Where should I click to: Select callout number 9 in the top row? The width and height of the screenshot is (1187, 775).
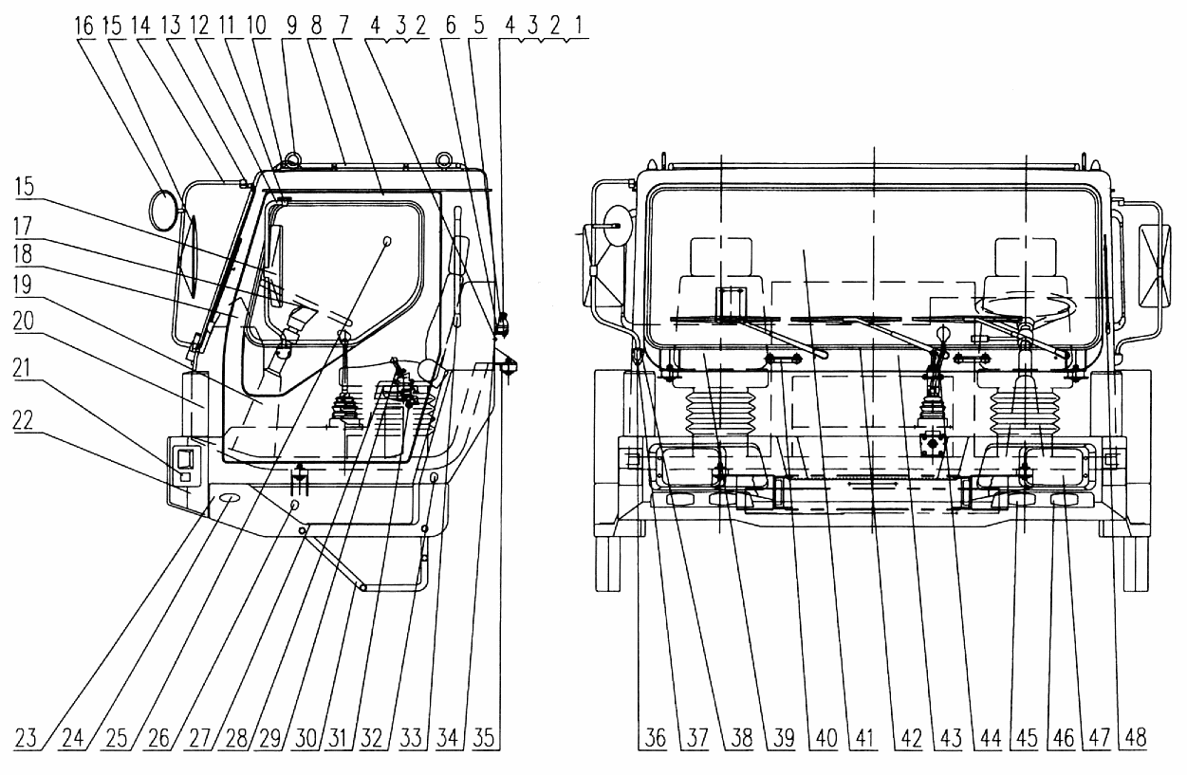click(292, 25)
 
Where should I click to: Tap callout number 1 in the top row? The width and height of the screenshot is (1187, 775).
click(578, 25)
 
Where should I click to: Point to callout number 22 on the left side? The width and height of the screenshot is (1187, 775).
click(23, 420)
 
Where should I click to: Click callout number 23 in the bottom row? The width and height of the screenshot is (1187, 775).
click(26, 738)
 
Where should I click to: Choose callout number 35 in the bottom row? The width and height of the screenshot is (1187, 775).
click(483, 738)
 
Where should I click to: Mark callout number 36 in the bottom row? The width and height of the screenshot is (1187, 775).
click(656, 738)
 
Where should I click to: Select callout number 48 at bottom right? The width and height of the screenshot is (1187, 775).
click(1135, 738)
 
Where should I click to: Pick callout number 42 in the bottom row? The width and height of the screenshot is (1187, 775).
click(911, 738)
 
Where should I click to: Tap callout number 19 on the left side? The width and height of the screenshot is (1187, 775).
click(22, 285)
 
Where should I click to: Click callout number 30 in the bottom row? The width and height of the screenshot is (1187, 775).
click(306, 738)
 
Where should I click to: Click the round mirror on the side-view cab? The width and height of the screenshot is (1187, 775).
click(164, 211)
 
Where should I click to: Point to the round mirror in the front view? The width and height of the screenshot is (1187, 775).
click(618, 226)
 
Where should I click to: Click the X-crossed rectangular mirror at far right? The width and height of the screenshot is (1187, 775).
click(1155, 266)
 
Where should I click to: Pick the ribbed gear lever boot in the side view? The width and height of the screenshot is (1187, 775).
click(344, 411)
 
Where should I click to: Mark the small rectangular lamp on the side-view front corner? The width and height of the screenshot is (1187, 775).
click(185, 465)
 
